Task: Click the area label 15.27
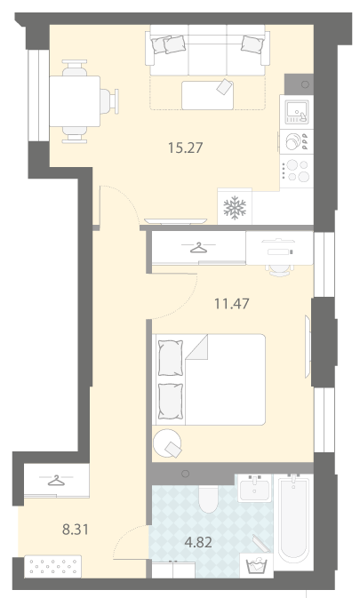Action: [186, 148]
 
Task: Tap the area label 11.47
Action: [231, 304]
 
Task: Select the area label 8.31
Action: [76, 530]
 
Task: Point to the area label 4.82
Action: [198, 542]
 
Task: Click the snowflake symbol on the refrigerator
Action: [235, 208]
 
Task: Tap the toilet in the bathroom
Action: [208, 498]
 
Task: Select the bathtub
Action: [293, 522]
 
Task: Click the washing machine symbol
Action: [256, 566]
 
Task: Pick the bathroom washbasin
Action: [255, 488]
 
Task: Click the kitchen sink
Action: [297, 112]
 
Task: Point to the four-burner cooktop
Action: [297, 171]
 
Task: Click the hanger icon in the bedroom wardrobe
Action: [198, 248]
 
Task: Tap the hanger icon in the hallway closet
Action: [56, 480]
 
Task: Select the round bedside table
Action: [167, 443]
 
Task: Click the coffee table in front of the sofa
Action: [207, 95]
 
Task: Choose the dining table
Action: [75, 101]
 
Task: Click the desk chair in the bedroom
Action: [279, 269]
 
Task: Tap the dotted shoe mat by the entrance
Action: [53, 566]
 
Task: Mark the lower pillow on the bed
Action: [171, 402]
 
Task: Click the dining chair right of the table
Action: [109, 101]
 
